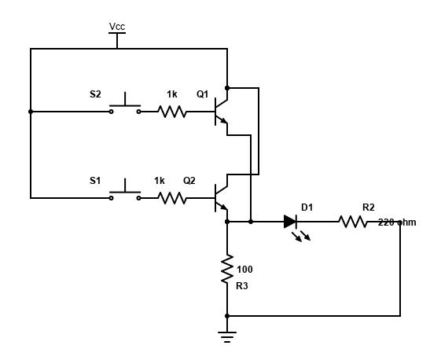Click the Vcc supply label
[117, 27]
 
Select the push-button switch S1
[125, 191]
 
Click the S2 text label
[95, 94]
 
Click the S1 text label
[95, 181]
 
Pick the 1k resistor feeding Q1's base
[172, 112]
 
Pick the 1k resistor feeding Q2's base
[172, 198]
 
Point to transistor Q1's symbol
[222, 112]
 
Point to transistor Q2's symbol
[222, 198]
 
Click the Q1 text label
[202, 94]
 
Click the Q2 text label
[189, 181]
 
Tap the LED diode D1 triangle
[290, 222]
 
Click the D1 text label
[307, 208]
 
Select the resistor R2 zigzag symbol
[354, 222]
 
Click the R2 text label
[368, 208]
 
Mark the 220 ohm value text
[397, 222]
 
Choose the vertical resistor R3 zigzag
[227, 269]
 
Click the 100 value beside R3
[244, 269]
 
